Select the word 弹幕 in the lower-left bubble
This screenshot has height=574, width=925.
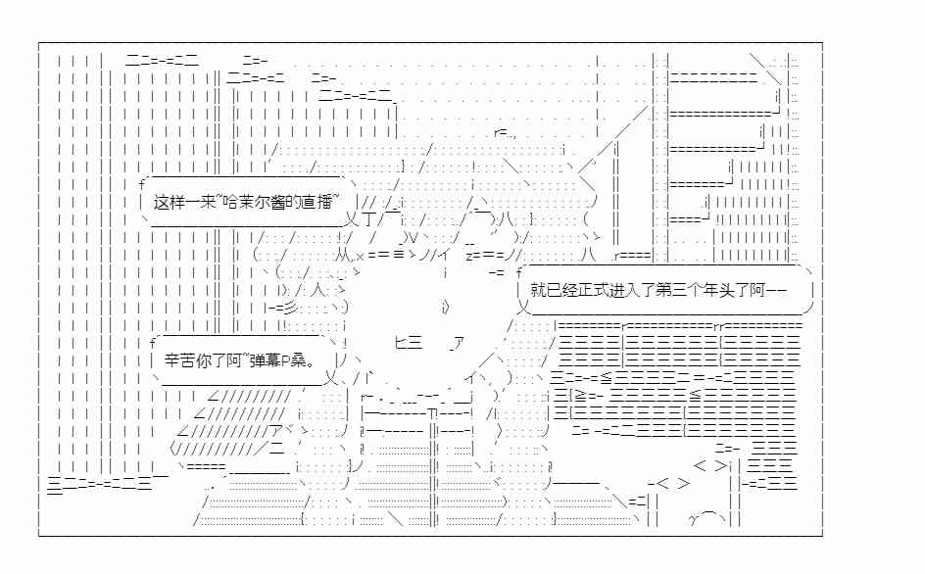(265, 359)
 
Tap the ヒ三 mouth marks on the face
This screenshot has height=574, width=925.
(409, 342)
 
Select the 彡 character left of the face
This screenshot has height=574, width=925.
(290, 308)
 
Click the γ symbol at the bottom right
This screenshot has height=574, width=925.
(694, 519)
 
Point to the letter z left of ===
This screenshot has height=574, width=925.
(469, 256)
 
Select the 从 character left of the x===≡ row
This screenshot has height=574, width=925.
(343, 256)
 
